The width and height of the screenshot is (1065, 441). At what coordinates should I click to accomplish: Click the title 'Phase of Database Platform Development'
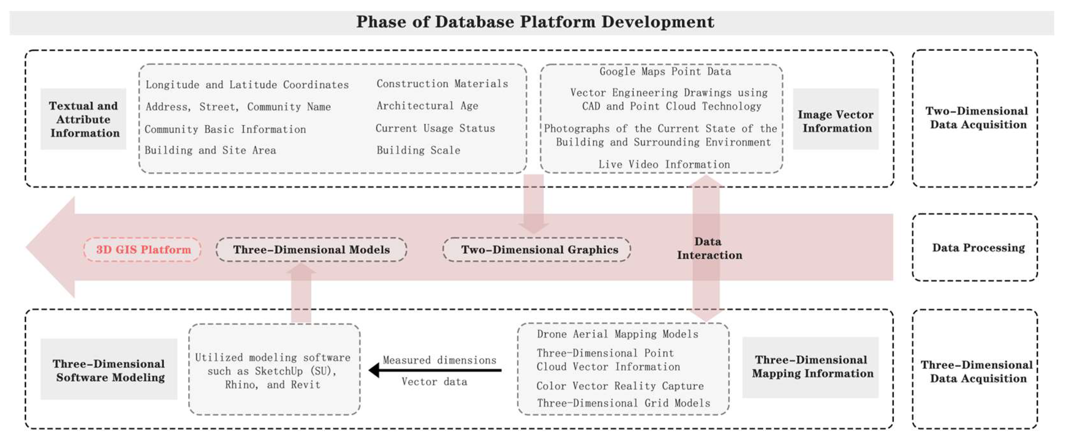tap(535, 22)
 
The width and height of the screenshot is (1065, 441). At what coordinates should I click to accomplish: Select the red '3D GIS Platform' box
tap(143, 249)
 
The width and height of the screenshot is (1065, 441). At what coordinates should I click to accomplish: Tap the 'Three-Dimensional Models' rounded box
tap(311, 249)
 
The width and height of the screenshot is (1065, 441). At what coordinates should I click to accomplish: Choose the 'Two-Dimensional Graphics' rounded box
tap(537, 249)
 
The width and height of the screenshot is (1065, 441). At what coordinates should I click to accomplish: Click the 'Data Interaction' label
tap(709, 248)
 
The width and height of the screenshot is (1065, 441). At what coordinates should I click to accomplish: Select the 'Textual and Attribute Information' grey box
tap(84, 119)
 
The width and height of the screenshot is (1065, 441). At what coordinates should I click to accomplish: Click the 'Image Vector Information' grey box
tap(836, 121)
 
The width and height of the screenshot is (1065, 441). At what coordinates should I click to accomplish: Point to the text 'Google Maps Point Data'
tap(665, 71)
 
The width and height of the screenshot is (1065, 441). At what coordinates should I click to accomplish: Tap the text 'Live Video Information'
tap(664, 164)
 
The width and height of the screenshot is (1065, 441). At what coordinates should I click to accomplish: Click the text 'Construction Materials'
tap(442, 84)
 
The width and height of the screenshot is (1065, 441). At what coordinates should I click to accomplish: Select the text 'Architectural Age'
tap(427, 106)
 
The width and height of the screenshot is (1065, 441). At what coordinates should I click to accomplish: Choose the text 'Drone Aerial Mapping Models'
tap(617, 334)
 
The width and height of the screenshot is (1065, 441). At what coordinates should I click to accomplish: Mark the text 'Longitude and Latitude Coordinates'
tap(247, 85)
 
